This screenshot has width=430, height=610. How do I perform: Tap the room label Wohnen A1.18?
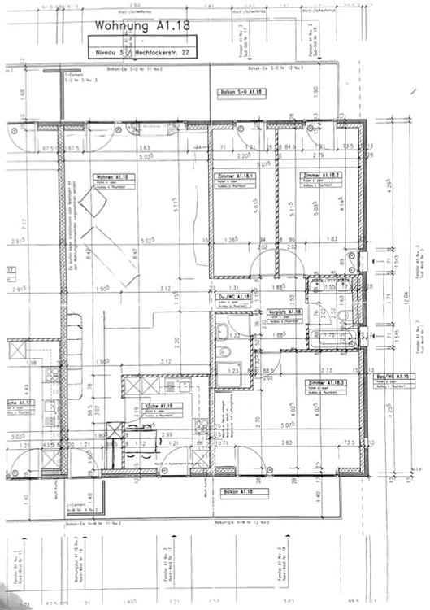coord(113,176)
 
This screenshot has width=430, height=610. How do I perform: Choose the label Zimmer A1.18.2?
coord(318,176)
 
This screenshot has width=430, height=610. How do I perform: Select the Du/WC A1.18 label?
coord(236,297)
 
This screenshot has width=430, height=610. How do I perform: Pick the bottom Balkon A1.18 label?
coord(241,492)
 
